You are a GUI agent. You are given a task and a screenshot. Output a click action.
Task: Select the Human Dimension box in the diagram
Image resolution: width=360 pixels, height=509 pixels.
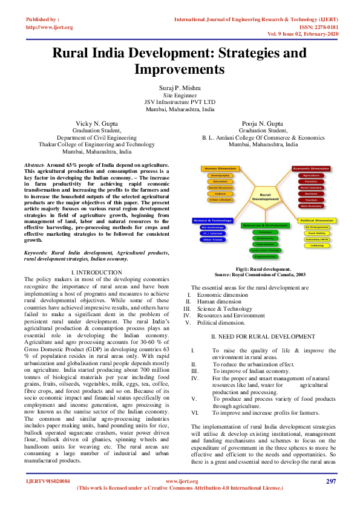[221, 168]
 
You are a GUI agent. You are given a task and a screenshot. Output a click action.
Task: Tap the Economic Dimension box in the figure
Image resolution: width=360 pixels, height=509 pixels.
[311, 168]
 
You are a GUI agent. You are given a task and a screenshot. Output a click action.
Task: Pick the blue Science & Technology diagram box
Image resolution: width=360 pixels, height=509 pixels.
[212, 221]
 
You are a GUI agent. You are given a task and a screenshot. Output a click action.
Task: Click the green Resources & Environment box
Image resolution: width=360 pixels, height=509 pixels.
[265, 225]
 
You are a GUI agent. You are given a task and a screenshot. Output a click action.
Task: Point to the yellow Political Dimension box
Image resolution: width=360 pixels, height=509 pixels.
[316, 221]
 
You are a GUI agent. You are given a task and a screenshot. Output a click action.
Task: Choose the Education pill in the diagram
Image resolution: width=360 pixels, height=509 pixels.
[221, 181]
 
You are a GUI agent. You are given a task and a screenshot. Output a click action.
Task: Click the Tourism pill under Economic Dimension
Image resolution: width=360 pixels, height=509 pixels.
[311, 199]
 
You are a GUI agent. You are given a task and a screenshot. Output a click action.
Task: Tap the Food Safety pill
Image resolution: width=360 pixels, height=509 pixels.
[316, 233]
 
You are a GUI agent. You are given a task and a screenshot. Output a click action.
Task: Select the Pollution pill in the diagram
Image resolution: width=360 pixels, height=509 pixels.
[265, 232]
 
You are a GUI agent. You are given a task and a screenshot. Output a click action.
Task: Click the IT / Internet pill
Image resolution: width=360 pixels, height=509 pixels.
[212, 233]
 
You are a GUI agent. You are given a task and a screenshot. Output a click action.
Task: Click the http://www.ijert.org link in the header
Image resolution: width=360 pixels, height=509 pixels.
[50, 27]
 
